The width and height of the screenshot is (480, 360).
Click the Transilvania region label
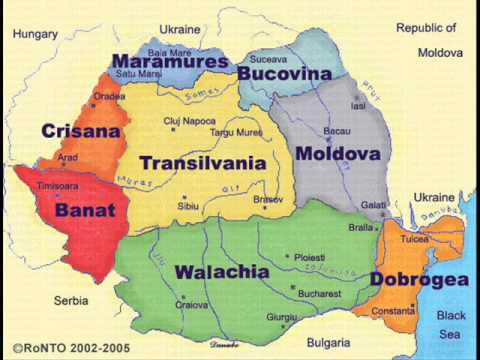[x=202, y=163]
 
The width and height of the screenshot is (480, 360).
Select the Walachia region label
[x=222, y=272]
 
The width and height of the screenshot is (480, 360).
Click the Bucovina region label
[x=284, y=74]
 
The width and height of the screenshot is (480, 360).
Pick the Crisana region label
[x=81, y=131]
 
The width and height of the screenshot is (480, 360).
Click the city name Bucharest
[x=319, y=296]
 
